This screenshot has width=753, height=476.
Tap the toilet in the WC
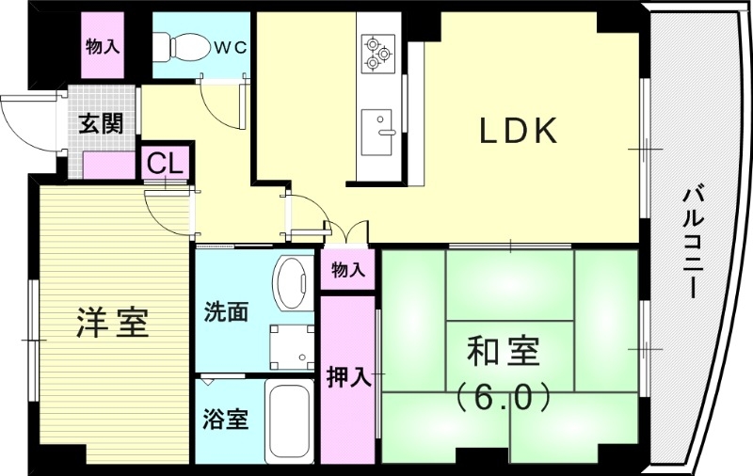184,45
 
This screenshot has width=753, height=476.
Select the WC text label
229,46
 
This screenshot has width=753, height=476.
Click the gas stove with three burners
378,53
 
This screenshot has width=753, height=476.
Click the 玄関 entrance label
101,124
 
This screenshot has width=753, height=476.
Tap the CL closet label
166,162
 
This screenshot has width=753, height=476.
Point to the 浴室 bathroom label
226,419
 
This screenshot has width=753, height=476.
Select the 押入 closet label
348,377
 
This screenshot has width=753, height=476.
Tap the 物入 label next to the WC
103,46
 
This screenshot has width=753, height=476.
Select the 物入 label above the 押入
347,271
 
